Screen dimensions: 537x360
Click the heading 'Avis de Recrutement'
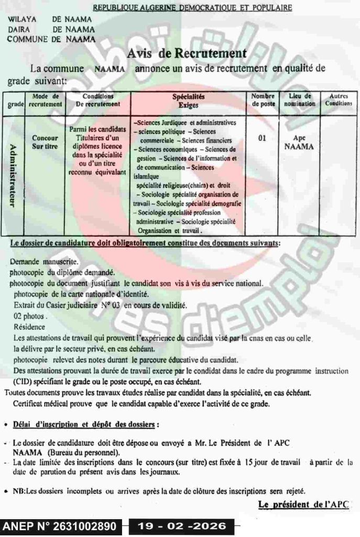point(187,53)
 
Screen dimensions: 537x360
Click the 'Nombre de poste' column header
point(263,100)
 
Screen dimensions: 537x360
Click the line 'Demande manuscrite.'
point(45,261)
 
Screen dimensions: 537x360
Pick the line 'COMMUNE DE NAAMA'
point(52,38)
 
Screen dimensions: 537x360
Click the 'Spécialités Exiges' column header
point(188,100)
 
